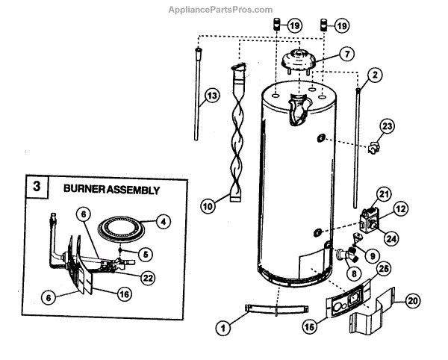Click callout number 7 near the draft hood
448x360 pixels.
[347, 54]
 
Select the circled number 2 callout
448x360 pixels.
[375, 74]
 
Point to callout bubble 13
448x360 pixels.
[212, 96]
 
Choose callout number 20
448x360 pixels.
[411, 300]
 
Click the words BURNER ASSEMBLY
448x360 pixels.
[111, 190]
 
